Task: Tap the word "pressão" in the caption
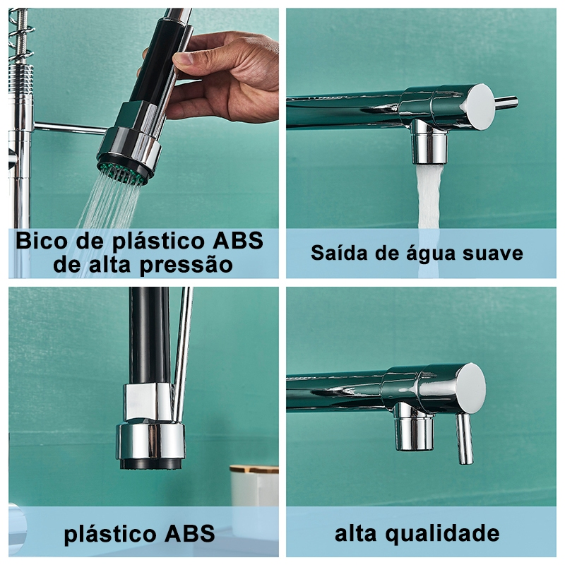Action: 186,266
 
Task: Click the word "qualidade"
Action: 442,534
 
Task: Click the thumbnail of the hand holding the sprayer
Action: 143,143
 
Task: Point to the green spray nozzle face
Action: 123,172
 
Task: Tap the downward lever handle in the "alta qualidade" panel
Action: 464,439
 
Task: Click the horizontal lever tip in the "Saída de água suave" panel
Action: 506,101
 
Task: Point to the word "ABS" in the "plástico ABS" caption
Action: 189,534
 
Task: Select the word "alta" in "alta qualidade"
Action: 357,534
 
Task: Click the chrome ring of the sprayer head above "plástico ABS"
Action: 150,442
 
